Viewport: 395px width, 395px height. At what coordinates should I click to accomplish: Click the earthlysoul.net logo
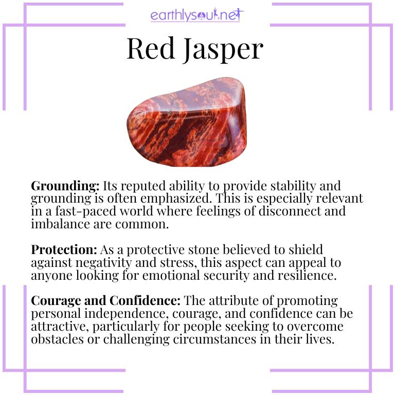click(197, 15)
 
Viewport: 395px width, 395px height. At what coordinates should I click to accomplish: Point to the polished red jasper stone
click(187, 123)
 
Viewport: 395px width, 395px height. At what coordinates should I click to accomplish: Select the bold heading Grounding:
click(65, 186)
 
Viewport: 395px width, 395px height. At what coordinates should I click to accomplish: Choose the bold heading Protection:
click(64, 249)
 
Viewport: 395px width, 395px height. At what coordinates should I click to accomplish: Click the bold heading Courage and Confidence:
click(105, 300)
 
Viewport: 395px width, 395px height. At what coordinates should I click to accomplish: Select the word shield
click(308, 249)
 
